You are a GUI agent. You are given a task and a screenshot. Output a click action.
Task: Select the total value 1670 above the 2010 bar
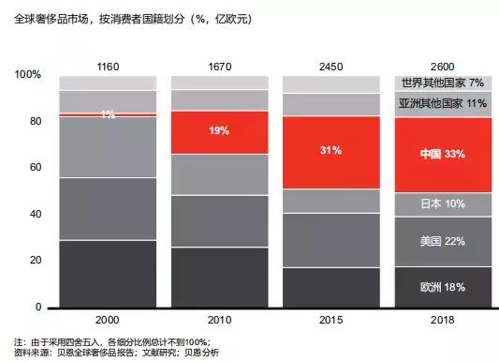(x=219, y=67)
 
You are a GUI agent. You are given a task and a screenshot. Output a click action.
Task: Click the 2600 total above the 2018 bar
(x=442, y=67)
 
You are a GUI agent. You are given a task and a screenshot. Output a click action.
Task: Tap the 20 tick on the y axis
(x=36, y=261)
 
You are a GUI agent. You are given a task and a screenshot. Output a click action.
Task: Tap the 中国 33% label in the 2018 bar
(x=442, y=154)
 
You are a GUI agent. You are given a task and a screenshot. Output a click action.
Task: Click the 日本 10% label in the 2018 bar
(x=442, y=204)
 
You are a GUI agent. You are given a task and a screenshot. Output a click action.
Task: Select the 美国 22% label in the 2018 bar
(x=442, y=242)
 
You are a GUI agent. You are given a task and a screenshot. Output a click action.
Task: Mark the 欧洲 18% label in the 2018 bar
(x=442, y=287)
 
